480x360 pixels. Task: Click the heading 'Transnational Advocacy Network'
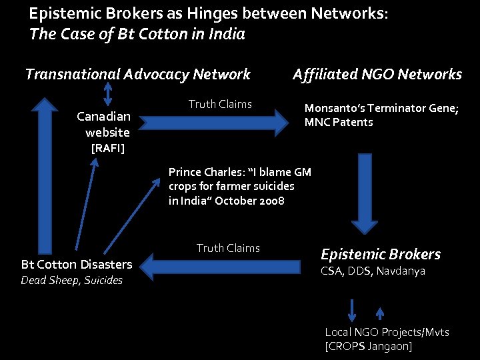tap(137, 75)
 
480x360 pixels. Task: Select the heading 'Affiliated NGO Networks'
tap(377, 75)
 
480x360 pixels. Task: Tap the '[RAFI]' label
tap(108, 147)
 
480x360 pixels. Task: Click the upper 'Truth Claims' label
tap(220, 104)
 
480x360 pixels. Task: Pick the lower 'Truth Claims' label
tap(228, 248)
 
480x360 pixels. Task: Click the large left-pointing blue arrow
tap(227, 267)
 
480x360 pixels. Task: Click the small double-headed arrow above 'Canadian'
tap(108, 93)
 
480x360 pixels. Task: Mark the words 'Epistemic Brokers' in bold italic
tap(381, 254)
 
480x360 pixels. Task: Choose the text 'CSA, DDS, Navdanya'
tap(373, 271)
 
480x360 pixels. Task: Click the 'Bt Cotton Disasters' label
tap(77, 265)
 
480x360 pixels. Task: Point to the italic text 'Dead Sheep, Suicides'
tap(72, 281)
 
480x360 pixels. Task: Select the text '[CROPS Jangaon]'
tap(368, 346)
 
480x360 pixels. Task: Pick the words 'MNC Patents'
tap(339, 123)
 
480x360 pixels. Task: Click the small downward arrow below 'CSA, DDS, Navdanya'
tap(352, 311)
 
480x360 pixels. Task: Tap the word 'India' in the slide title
tap(225, 34)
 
